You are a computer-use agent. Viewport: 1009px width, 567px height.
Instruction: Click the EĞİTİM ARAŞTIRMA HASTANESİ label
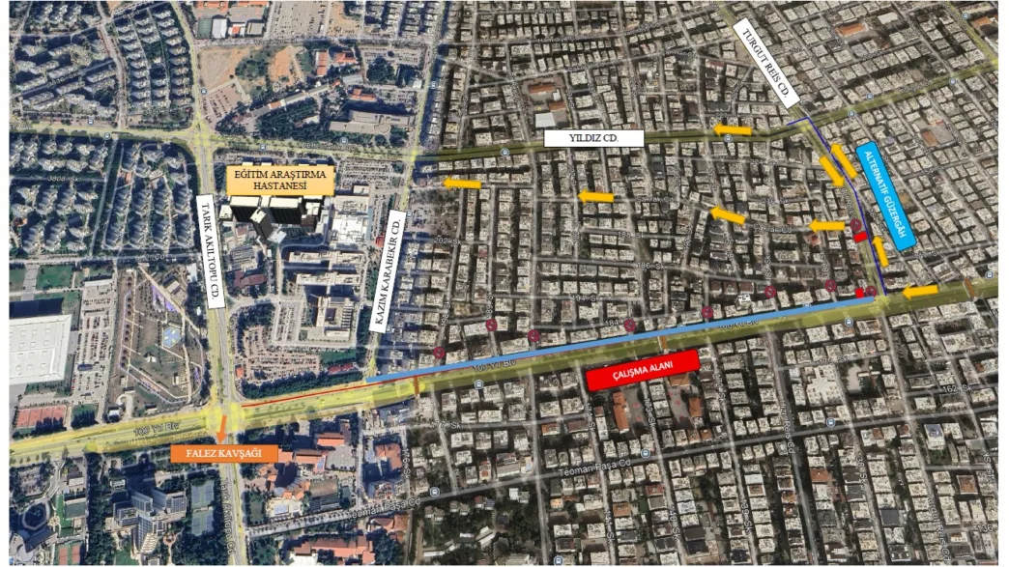tap(280, 180)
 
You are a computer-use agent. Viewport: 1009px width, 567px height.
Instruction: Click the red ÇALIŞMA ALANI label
tap(642, 371)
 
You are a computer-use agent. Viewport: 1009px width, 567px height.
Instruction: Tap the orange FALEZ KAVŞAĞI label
tap(224, 452)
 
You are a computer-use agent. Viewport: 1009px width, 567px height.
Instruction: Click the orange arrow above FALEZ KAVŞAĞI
tap(223, 423)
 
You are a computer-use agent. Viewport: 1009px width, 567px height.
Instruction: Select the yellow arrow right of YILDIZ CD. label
tap(733, 129)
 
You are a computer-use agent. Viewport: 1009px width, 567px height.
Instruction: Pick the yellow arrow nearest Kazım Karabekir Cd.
tap(462, 184)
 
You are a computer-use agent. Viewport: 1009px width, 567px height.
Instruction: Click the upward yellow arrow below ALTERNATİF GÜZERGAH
tap(880, 250)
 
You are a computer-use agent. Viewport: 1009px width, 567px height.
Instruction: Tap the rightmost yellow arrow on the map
tap(920, 291)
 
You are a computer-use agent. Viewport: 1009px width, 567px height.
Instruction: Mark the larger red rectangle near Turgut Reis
tap(860, 237)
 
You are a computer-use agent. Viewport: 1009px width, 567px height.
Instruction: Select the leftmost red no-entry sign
tap(441, 354)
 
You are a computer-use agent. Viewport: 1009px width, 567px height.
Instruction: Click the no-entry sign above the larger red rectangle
tap(856, 225)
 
